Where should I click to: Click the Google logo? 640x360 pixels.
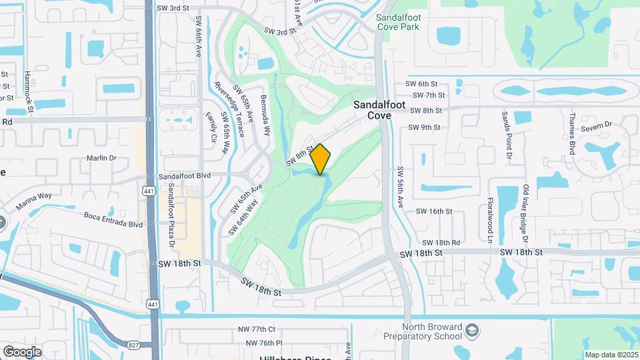click(22, 351)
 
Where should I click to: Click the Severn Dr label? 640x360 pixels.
click(597, 125)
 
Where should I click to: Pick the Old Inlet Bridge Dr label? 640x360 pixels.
click(525, 213)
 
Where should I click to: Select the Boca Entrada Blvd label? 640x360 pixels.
click(113, 219)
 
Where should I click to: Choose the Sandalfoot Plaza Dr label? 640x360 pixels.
click(171, 215)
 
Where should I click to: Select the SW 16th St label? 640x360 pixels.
click(434, 211)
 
